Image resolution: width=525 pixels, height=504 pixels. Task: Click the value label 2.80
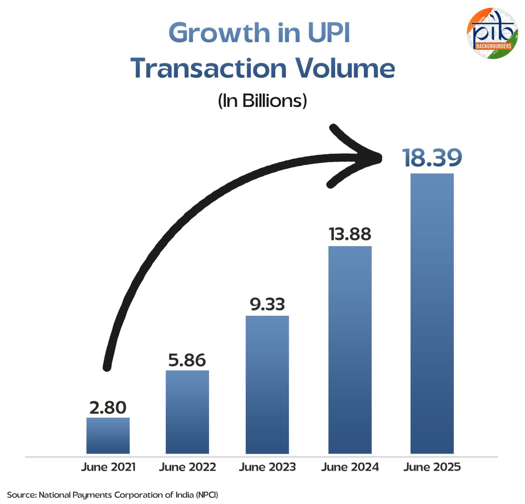click(108, 408)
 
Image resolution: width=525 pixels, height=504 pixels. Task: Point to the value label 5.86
click(187, 360)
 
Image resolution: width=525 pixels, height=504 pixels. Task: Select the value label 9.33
click(267, 304)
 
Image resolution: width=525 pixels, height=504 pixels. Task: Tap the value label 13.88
click(350, 234)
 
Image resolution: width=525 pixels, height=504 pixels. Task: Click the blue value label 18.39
click(432, 158)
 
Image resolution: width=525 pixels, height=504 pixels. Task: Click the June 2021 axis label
click(108, 467)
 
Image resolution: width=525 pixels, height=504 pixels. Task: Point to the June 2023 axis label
click(267, 467)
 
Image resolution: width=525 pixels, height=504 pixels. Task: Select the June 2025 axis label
click(432, 467)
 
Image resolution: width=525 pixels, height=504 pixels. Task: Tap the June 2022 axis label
click(187, 467)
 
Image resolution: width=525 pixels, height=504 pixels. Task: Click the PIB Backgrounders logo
click(492, 33)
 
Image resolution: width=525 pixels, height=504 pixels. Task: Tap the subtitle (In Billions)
click(262, 101)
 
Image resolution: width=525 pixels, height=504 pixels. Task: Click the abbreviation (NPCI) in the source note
click(207, 494)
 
